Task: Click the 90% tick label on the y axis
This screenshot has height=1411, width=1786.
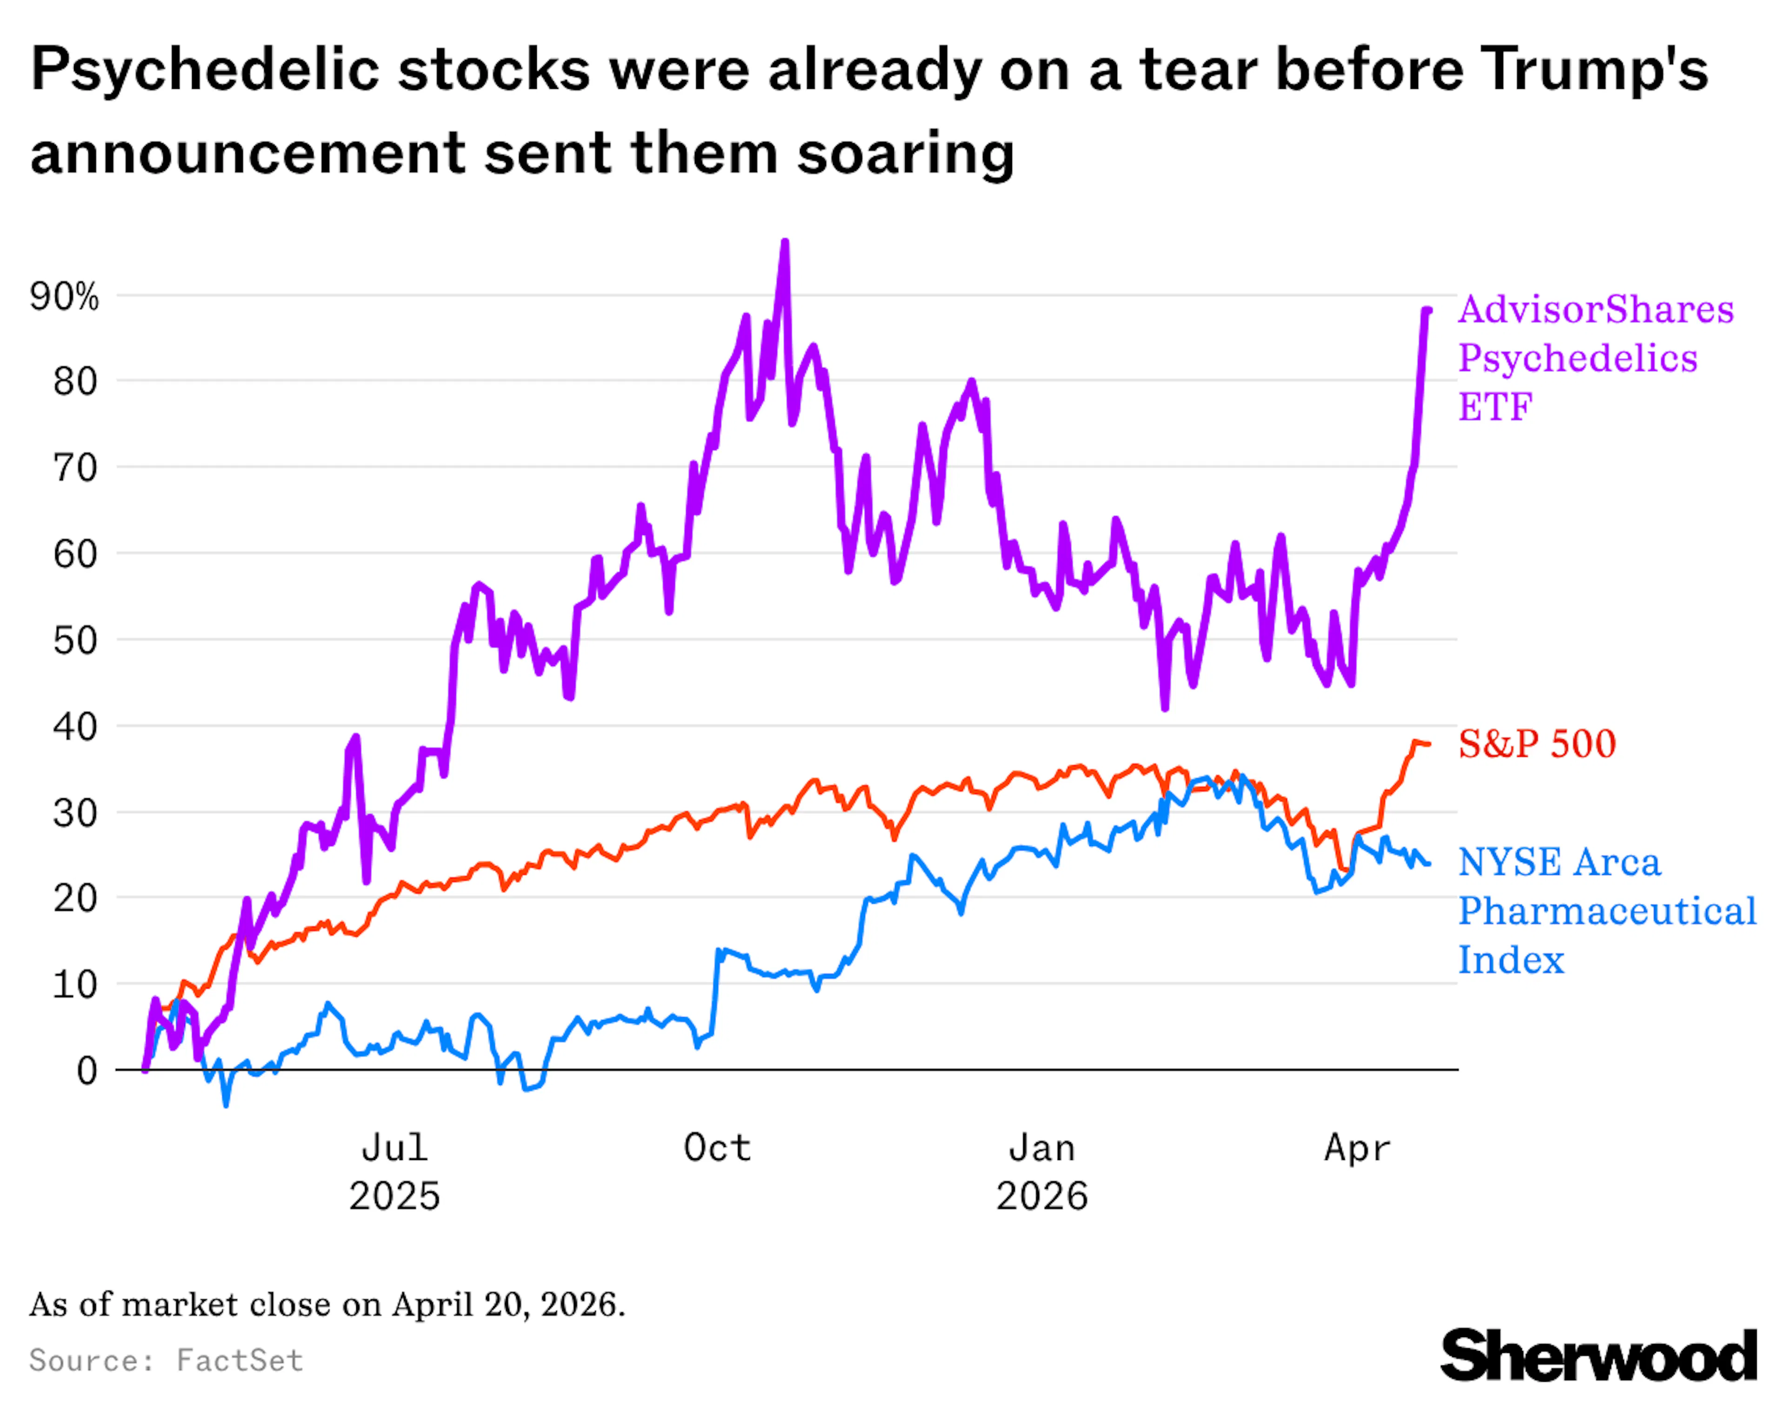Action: [x=64, y=297]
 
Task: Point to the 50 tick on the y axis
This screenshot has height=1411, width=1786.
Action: [x=75, y=640]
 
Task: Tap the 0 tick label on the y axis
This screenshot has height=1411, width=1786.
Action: [x=87, y=1071]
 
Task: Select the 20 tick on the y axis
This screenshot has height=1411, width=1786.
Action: [x=75, y=898]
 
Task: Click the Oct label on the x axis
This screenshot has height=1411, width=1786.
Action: [x=717, y=1148]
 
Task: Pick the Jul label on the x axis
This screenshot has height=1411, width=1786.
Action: [x=394, y=1148]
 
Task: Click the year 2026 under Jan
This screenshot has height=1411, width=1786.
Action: [x=1041, y=1196]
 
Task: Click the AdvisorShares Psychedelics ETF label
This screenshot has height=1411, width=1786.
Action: [x=1595, y=358]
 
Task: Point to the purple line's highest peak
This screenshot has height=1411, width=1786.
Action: [x=784, y=242]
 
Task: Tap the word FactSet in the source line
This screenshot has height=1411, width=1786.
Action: [x=240, y=1361]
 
